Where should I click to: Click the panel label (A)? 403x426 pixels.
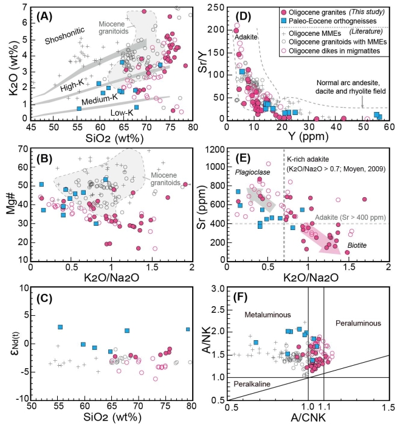48,14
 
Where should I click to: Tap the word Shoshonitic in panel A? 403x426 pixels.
66,41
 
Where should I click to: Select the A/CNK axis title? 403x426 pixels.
308,419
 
